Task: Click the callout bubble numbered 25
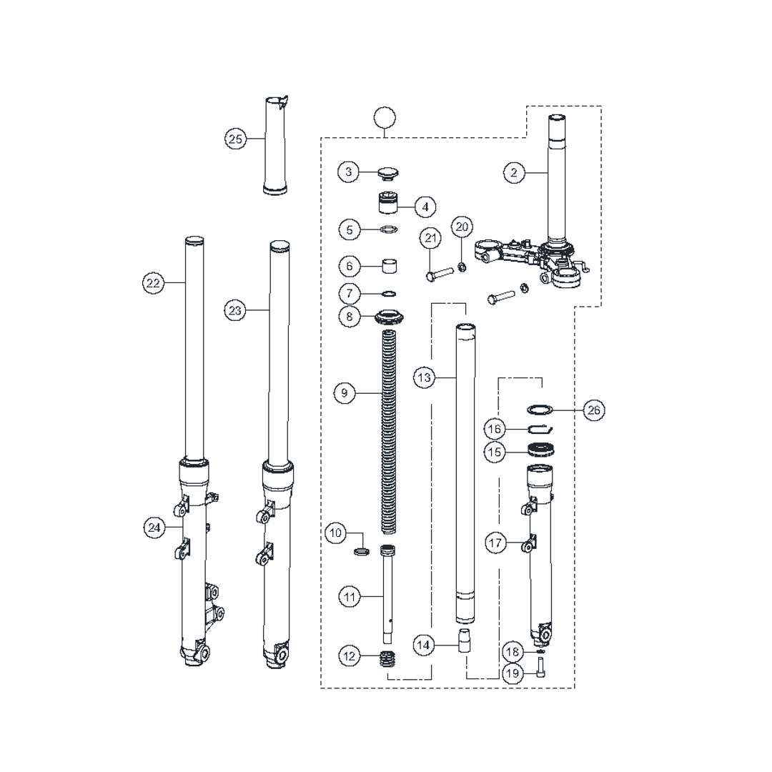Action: [235, 139]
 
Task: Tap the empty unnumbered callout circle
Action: [385, 117]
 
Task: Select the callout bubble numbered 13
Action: [425, 377]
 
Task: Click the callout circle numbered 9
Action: [345, 392]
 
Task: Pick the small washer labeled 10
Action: [362, 551]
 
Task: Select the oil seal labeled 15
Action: [543, 451]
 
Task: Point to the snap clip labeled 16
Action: [541, 429]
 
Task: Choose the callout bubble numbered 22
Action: [153, 283]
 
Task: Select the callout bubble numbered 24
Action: [153, 528]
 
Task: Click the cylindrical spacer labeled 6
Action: [390, 267]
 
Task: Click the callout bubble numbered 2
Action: [513, 172]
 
